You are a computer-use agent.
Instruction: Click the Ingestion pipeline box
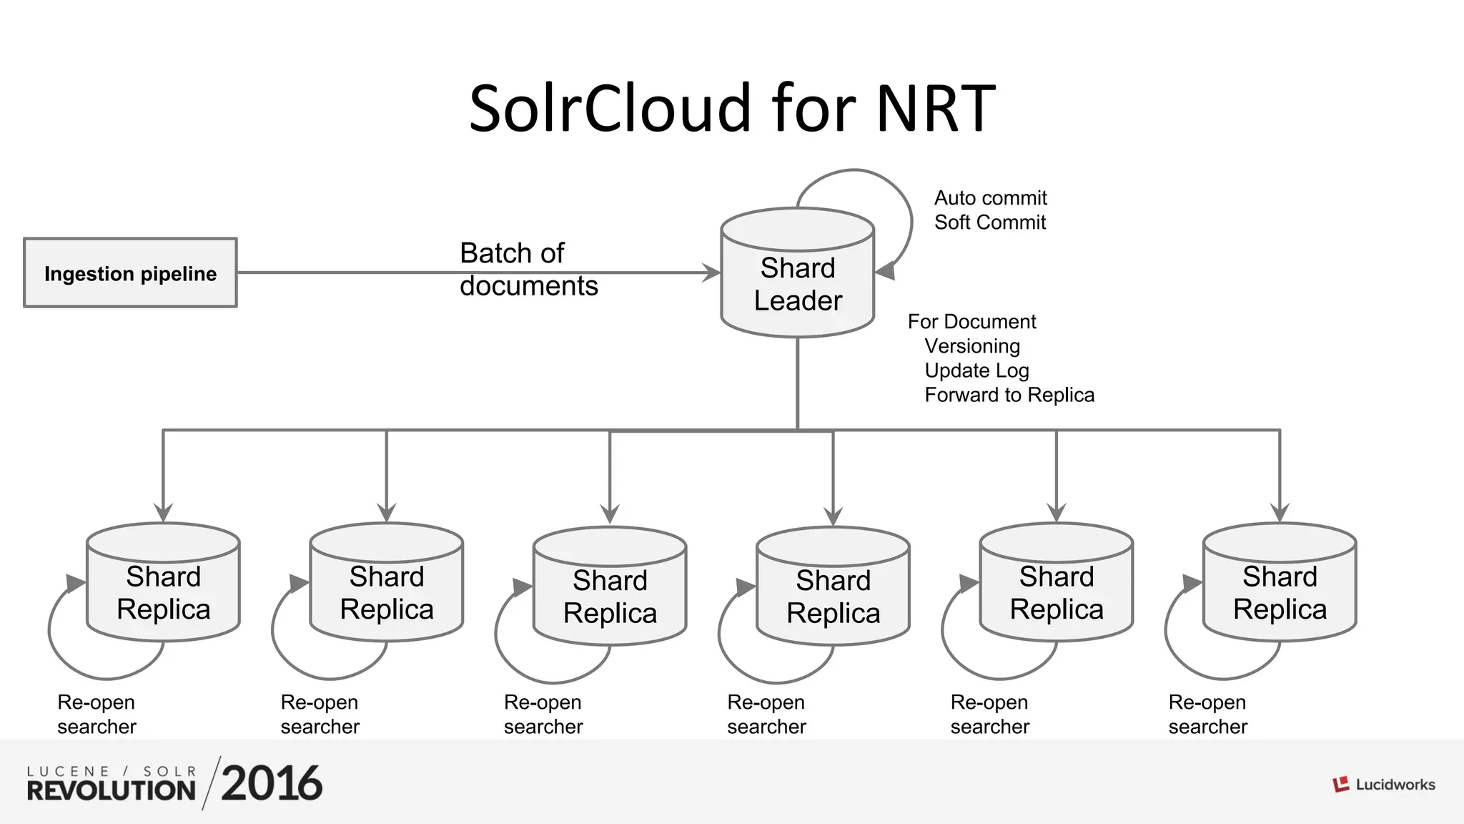click(130, 273)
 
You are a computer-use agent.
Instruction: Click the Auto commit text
click(990, 198)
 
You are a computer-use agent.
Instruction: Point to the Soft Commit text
click(989, 222)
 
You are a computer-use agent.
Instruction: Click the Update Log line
click(976, 371)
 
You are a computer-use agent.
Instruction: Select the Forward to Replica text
click(1009, 395)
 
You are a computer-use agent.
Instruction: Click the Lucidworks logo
click(1383, 785)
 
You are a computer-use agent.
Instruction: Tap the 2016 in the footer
click(272, 783)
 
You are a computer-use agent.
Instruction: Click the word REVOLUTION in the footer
click(111, 790)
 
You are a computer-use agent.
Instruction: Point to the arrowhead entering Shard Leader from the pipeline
click(711, 273)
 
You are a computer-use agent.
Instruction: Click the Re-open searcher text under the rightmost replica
click(1207, 714)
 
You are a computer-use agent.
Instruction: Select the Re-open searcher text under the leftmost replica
click(97, 714)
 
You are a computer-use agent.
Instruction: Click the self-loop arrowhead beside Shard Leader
click(886, 271)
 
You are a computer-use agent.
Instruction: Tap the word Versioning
click(972, 346)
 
